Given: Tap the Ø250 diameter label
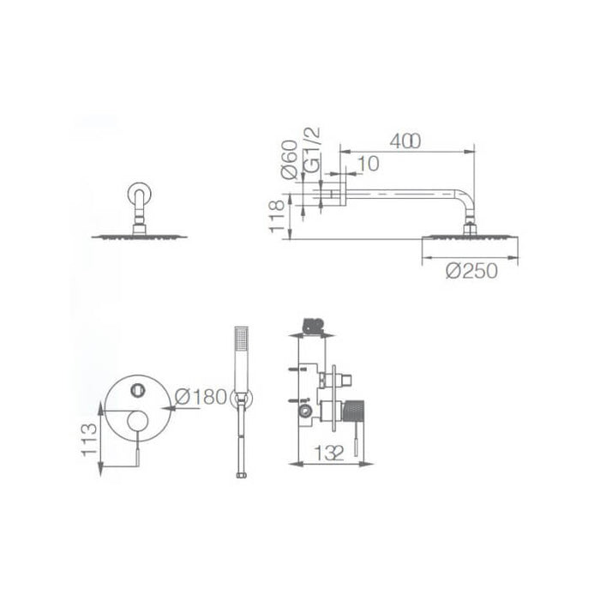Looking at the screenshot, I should pos(471,272).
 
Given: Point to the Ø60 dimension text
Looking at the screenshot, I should pos(289,159).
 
